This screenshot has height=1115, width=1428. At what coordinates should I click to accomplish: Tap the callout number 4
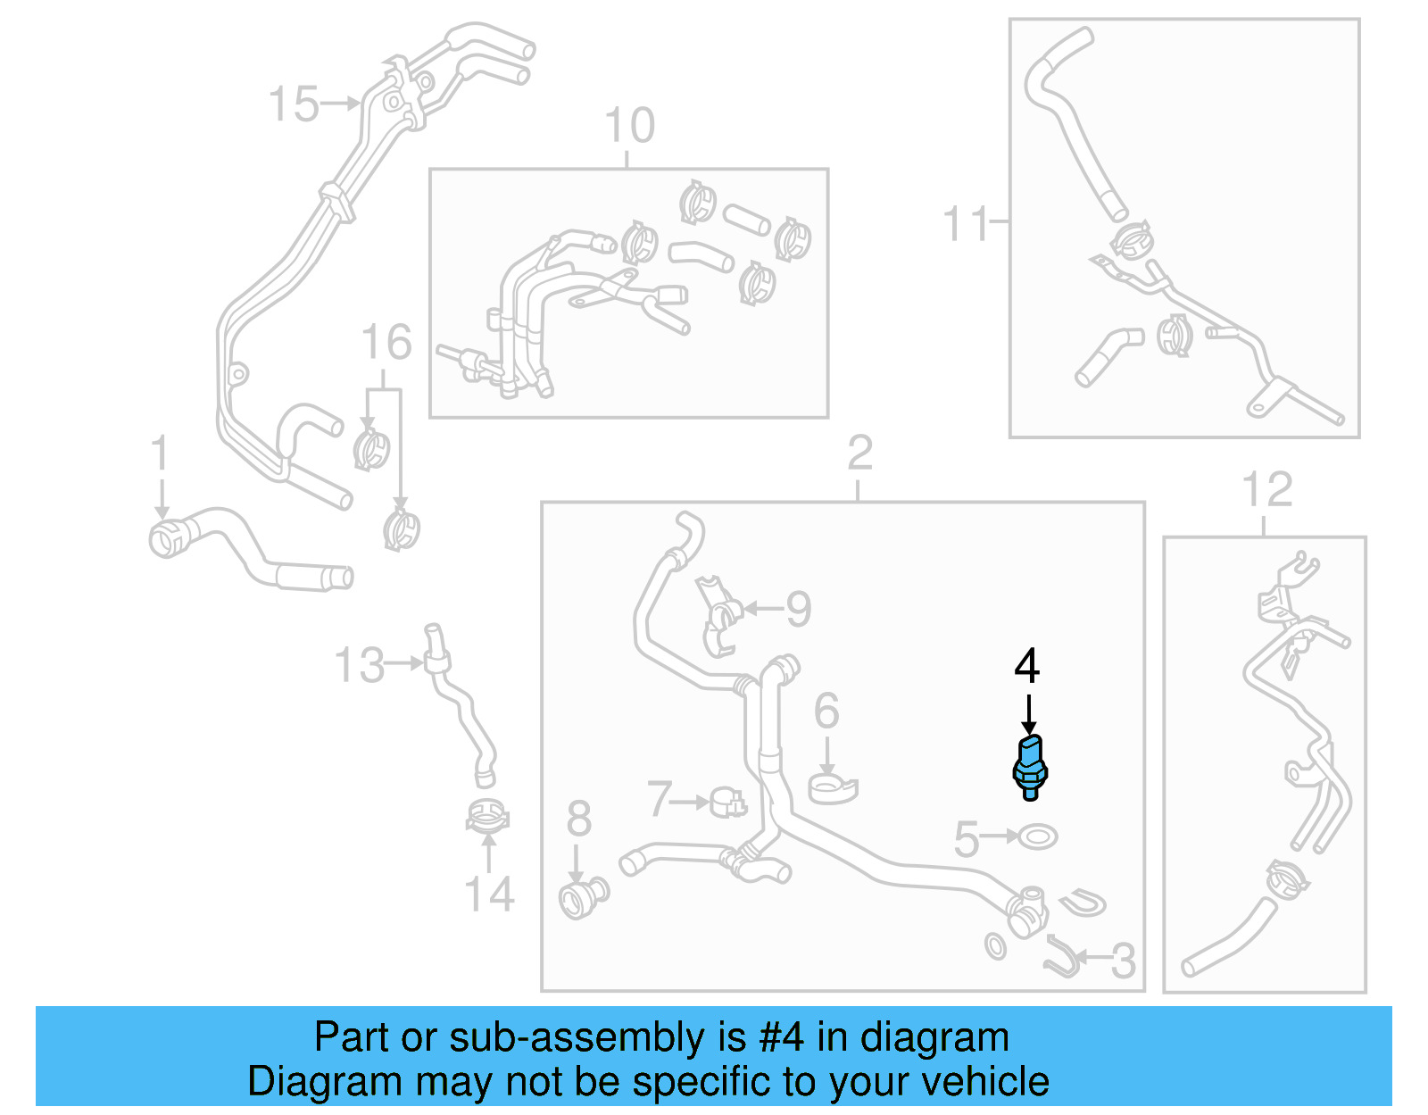click(x=1027, y=667)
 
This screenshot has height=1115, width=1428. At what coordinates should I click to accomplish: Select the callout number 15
click(x=294, y=104)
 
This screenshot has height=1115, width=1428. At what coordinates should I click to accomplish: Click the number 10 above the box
click(x=629, y=126)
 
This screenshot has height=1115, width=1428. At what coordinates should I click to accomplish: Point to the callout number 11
click(x=966, y=223)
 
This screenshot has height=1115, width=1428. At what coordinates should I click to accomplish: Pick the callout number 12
click(x=1266, y=490)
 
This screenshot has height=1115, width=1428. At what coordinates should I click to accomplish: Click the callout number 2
click(x=859, y=453)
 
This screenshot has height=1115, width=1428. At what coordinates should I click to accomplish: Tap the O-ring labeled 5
click(x=1038, y=837)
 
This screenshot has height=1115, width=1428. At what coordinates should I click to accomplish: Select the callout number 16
click(x=386, y=343)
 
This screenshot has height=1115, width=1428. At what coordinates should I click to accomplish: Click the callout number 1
click(x=160, y=454)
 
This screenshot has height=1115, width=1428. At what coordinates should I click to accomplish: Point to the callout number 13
click(x=359, y=666)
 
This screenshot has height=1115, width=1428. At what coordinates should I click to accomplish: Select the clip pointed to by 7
click(x=727, y=803)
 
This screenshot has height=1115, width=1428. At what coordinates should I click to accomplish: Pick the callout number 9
click(x=798, y=610)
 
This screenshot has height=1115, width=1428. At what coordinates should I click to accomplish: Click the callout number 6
click(x=826, y=711)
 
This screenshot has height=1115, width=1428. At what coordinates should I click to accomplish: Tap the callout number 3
click(x=1123, y=961)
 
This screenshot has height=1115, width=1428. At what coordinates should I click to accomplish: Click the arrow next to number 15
click(x=340, y=104)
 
